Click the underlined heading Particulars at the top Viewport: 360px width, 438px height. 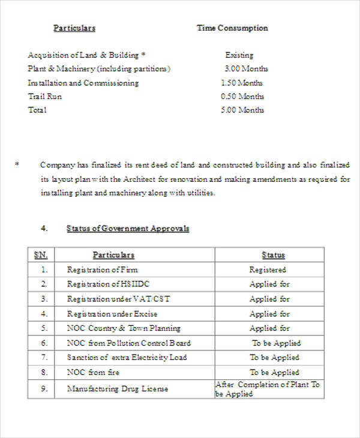tap(74, 28)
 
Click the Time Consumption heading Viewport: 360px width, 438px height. tap(232, 28)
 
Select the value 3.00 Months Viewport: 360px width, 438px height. tap(246, 68)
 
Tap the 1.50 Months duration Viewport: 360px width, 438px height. tap(242, 83)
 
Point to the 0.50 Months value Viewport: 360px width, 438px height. tap(242, 97)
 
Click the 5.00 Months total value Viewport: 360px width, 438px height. tap(242, 110)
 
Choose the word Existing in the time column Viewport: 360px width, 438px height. tap(239, 55)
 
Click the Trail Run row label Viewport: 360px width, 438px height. tap(45, 97)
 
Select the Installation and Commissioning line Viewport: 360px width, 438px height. tap(83, 83)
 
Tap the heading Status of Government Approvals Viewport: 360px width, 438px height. tap(127, 229)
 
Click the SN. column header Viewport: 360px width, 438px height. tap(41, 255)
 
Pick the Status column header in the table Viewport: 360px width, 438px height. tap(273, 255)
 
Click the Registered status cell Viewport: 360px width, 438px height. tap(268, 270)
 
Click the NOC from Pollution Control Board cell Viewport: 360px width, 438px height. tap(129, 343)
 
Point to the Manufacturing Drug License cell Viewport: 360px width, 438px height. tap(118, 389)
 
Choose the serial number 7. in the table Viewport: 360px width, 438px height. tap(44, 358)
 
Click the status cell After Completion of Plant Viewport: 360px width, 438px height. tap(268, 389)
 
